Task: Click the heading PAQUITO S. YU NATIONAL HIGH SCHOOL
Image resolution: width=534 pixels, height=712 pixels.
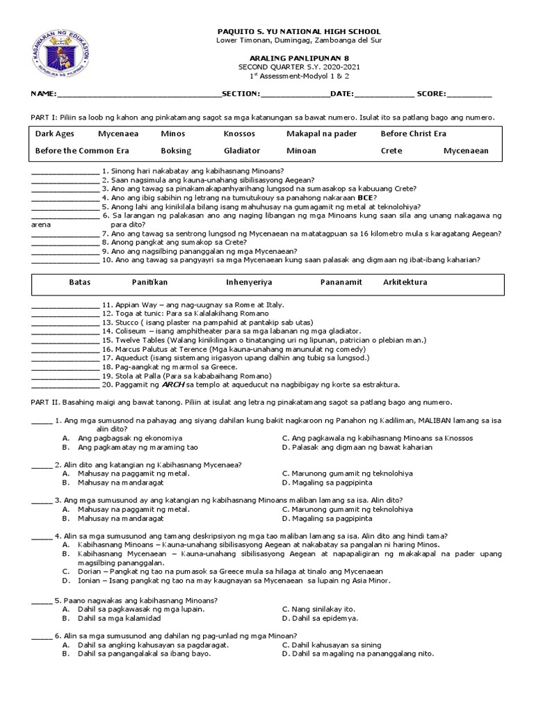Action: [299, 32]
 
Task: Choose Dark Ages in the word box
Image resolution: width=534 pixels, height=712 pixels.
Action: [55, 133]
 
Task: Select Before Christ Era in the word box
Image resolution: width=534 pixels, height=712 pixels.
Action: [414, 133]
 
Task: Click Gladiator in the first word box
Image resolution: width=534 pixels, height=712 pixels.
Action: [242, 150]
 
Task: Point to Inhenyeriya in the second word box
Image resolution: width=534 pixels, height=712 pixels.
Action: [249, 282]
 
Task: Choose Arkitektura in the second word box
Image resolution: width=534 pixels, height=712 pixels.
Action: [405, 282]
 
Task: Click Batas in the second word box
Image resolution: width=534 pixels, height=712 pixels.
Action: [79, 282]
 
